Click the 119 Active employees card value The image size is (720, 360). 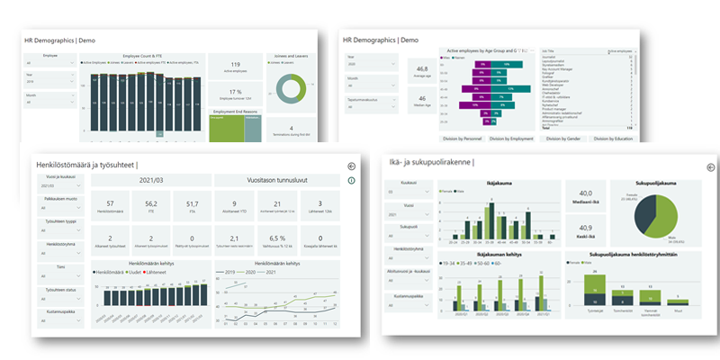coord(236,65)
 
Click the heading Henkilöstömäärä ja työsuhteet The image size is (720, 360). coord(86,164)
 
